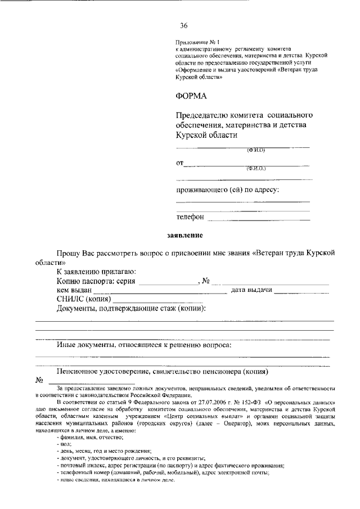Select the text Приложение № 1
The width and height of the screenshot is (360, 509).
click(x=191, y=42)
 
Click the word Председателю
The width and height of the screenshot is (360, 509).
click(x=202, y=115)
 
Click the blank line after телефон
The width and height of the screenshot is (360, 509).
click(x=259, y=218)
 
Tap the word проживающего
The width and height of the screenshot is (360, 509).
click(x=201, y=190)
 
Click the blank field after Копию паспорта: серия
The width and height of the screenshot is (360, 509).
click(x=168, y=283)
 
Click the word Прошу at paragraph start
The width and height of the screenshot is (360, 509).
click(x=67, y=254)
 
